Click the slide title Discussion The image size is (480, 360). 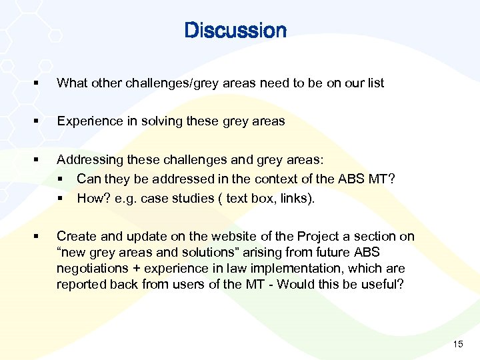tap(235, 31)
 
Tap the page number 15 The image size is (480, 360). tap(458, 344)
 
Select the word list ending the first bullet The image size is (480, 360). tap(375, 83)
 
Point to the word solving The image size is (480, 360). tap(166, 121)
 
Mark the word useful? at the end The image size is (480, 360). tap(385, 285)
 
